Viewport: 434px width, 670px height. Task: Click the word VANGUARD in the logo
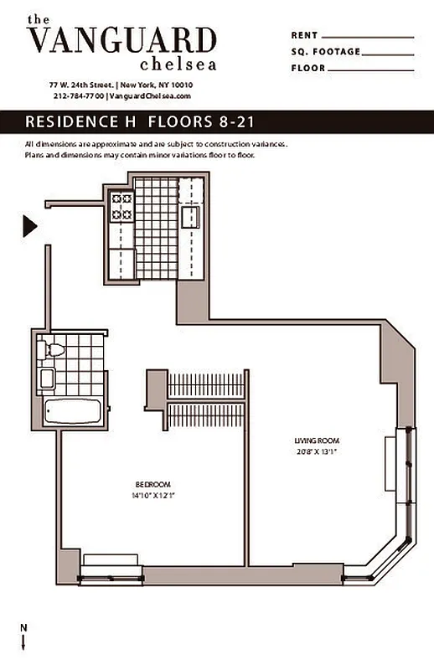coord(121,39)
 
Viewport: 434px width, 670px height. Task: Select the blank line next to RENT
coord(368,36)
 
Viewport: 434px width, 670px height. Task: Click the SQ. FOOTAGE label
coord(326,52)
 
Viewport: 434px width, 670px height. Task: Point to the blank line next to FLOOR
coord(368,68)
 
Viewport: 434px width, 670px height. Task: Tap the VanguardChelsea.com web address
coord(151,96)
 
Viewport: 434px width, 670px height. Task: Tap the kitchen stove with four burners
coord(122,207)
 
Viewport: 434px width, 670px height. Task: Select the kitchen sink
coord(190,217)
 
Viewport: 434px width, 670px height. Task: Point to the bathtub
coord(72,411)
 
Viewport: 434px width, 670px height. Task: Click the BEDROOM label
coord(152,484)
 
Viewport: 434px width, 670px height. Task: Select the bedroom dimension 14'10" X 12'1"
coord(152,495)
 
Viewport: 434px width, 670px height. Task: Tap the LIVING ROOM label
coord(317,441)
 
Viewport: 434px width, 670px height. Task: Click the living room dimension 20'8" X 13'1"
coord(317,451)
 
